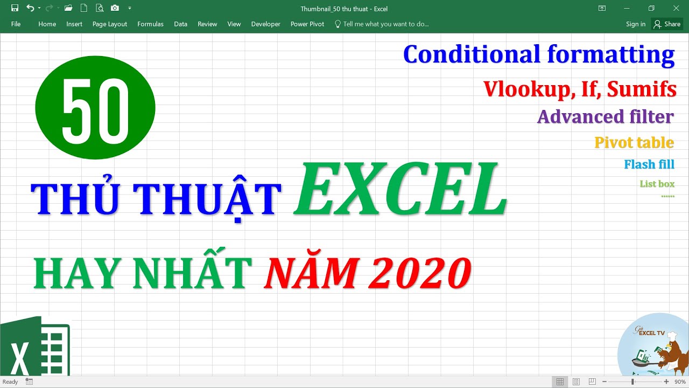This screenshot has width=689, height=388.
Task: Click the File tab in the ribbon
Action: tap(16, 24)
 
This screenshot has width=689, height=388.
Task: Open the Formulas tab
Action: tap(150, 24)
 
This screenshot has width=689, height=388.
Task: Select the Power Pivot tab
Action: tap(307, 24)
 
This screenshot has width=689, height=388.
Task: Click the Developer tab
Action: tap(265, 24)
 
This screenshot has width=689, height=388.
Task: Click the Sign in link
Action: tap(636, 24)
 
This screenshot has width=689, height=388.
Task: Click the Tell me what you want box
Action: tap(385, 24)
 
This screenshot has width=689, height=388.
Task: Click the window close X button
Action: tap(676, 8)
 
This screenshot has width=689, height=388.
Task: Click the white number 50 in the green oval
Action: tap(95, 108)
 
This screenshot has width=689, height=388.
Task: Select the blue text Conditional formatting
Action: tap(538, 54)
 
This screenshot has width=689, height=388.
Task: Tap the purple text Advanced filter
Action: tap(605, 116)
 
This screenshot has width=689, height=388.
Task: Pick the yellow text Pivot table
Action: tap(634, 142)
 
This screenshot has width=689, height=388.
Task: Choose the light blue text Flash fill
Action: tap(649, 164)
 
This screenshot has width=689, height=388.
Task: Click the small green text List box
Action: tap(657, 184)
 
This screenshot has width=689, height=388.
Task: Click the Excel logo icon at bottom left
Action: tap(35, 348)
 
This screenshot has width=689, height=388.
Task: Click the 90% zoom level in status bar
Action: tap(679, 382)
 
